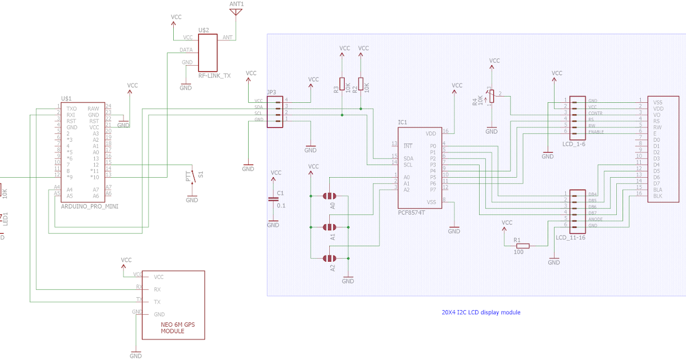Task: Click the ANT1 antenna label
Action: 236,3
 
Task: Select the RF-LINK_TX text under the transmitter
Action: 214,75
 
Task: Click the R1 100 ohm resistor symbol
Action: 521,246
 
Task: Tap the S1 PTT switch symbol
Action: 194,176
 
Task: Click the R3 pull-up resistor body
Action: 342,84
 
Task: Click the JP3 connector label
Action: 271,92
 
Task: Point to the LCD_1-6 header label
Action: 573,143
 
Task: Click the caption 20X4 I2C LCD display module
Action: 481,313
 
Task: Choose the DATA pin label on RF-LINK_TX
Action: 187,50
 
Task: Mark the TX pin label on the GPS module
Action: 139,299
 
